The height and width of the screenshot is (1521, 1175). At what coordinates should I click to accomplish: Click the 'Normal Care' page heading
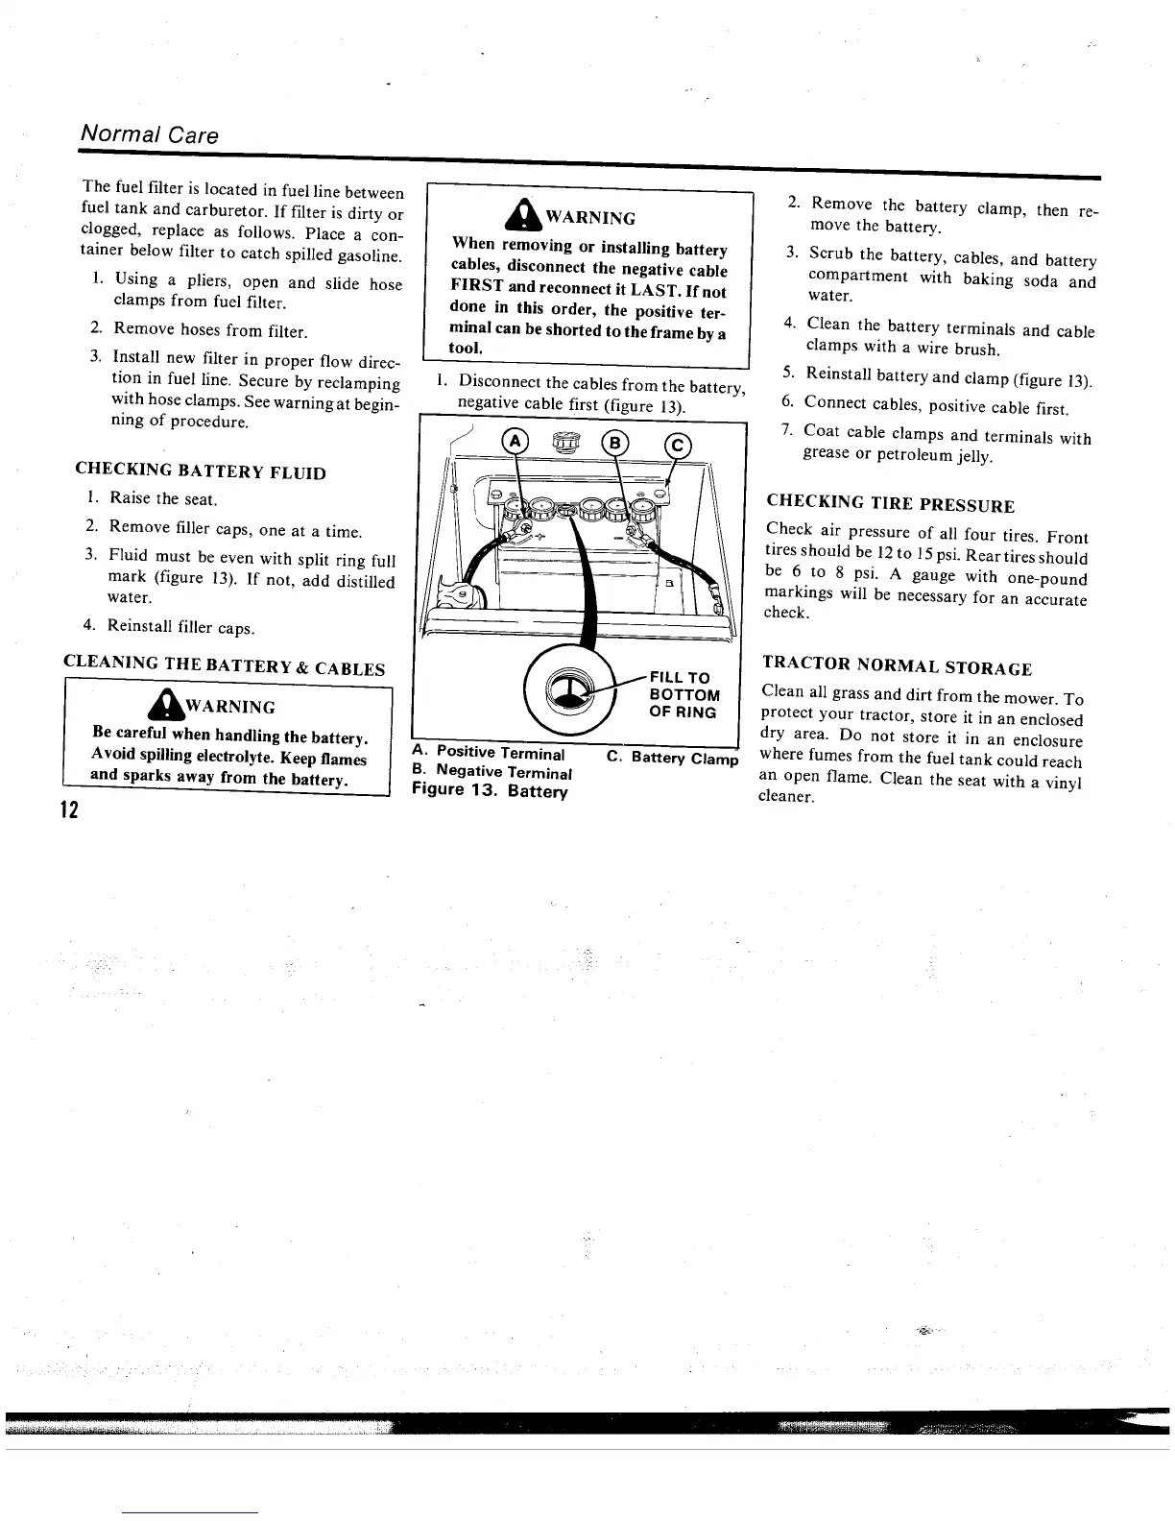pos(149,133)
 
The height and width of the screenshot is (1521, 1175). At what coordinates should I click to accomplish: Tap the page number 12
pos(67,809)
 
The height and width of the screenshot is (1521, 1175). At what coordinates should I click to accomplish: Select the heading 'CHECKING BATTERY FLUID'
pos(200,471)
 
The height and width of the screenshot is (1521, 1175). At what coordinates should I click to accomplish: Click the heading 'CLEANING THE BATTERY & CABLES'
pos(224,667)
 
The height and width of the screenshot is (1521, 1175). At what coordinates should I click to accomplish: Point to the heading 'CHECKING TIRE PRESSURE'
pos(890,503)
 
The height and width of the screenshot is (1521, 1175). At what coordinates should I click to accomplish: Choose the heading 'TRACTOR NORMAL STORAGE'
pos(897,666)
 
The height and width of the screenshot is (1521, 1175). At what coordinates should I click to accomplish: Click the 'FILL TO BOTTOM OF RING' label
pos(683,694)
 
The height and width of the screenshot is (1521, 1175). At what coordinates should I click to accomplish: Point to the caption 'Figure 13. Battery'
pos(490,791)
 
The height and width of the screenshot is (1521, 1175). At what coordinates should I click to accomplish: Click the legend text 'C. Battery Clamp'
pos(673,759)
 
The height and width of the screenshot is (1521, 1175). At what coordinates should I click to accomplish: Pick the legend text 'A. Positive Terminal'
pos(488,752)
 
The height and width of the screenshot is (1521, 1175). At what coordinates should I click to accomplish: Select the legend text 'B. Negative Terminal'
pos(492,772)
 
